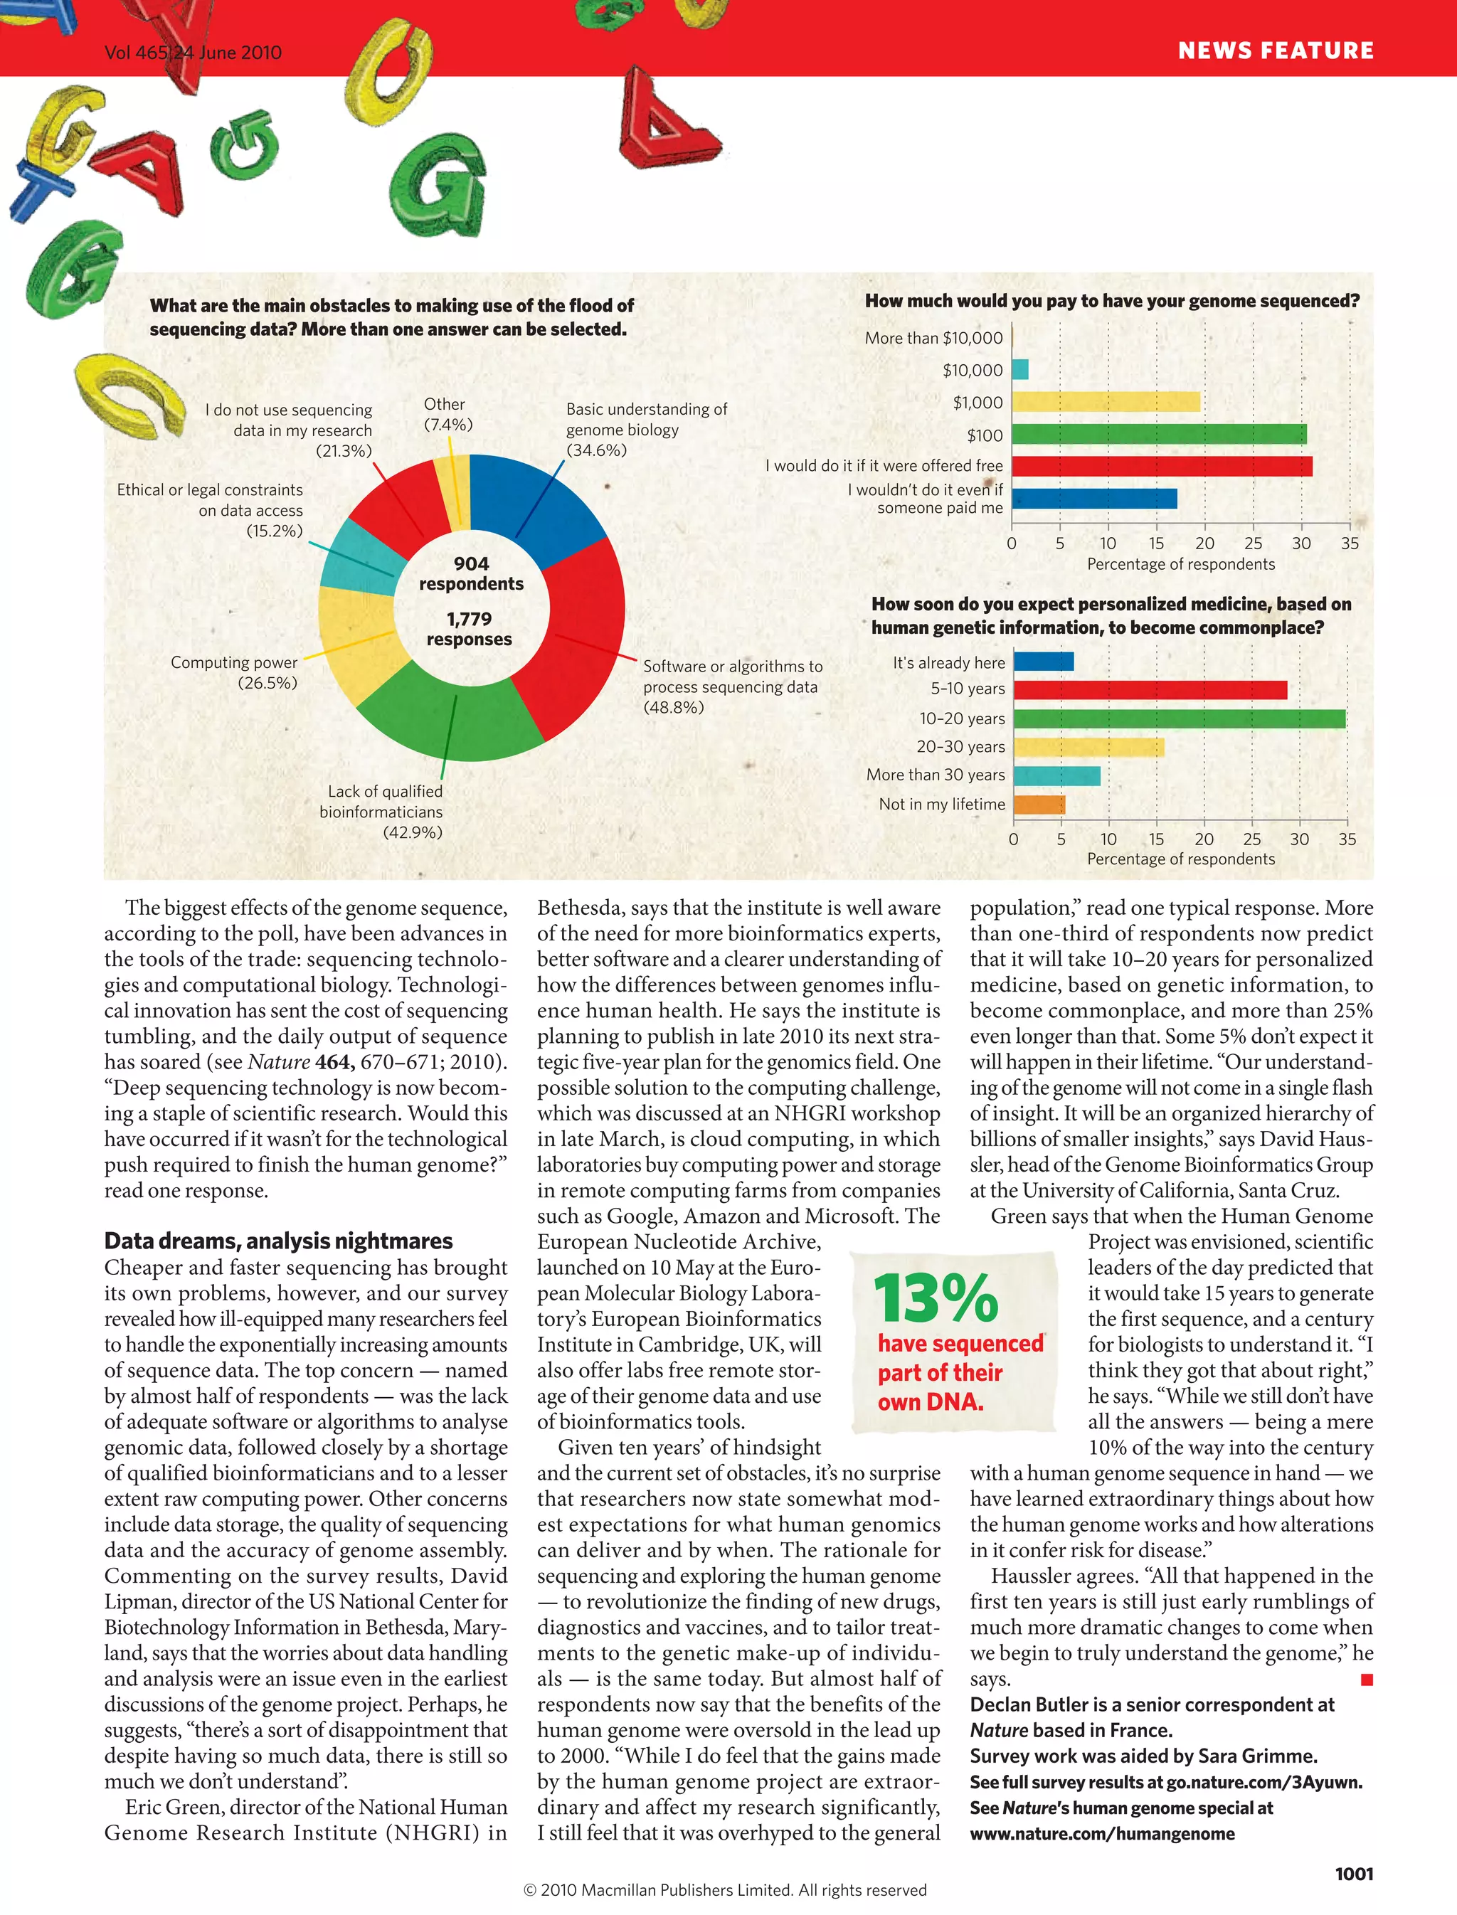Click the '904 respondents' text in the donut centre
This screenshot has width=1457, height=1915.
[x=471, y=573]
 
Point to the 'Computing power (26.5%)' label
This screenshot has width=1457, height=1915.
[x=234, y=672]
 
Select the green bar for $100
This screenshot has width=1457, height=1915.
[x=1159, y=434]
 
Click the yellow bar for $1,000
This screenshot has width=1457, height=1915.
[x=1106, y=401]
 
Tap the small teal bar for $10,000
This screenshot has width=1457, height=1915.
[x=1020, y=369]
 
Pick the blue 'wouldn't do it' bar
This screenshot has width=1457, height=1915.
[x=1094, y=499]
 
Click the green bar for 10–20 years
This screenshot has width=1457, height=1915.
[x=1180, y=718]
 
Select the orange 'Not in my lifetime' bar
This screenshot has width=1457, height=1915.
[x=1039, y=804]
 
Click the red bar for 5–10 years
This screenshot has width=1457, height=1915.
[x=1150, y=689]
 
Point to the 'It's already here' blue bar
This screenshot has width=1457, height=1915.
[x=1044, y=662]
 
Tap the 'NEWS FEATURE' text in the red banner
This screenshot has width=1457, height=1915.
[x=1275, y=51]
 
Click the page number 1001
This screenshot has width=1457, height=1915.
[x=1353, y=1873]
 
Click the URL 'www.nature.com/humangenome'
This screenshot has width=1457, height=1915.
[x=1101, y=1833]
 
